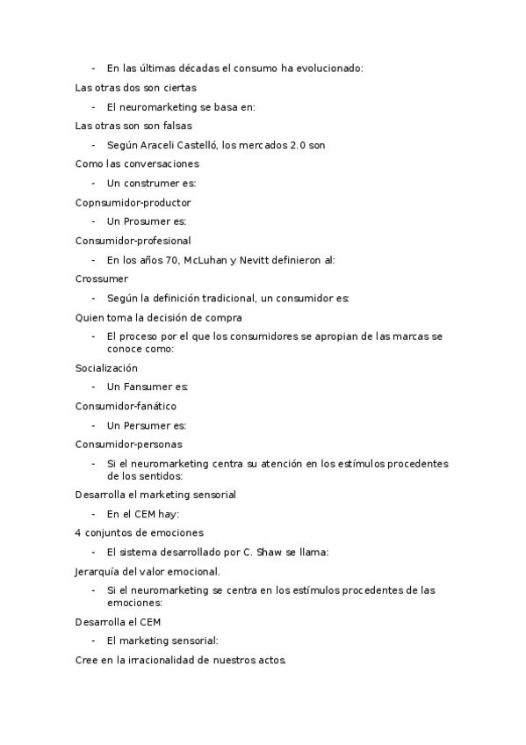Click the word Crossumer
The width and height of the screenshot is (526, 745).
[102, 278]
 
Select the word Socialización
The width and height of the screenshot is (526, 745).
[106, 368]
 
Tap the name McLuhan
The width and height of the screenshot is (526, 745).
[204, 259]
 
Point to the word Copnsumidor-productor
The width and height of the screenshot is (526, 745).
[133, 202]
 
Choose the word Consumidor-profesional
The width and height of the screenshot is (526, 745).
[133, 240]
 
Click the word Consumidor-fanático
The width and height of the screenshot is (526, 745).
[126, 406]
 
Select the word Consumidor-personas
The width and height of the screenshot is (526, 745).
[129, 444]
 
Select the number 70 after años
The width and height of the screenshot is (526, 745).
[172, 259]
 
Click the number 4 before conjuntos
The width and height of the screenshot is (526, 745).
[79, 532]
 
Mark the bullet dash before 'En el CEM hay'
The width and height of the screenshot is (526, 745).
[94, 514]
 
